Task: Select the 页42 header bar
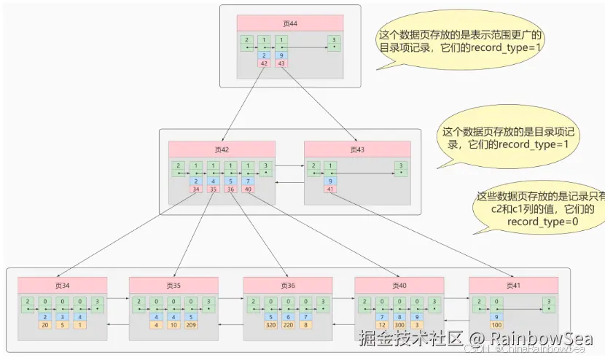[x=222, y=149]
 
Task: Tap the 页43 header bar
[x=357, y=149]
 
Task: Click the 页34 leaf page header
[x=63, y=285]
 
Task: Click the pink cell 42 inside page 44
[x=264, y=63]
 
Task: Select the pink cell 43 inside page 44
[x=281, y=63]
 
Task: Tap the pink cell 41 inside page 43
[x=331, y=189]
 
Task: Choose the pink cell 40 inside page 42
[x=248, y=189]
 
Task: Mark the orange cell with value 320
[x=270, y=325]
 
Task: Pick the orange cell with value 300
[x=399, y=325]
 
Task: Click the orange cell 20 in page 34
[x=45, y=325]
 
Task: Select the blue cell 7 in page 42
[x=248, y=181]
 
